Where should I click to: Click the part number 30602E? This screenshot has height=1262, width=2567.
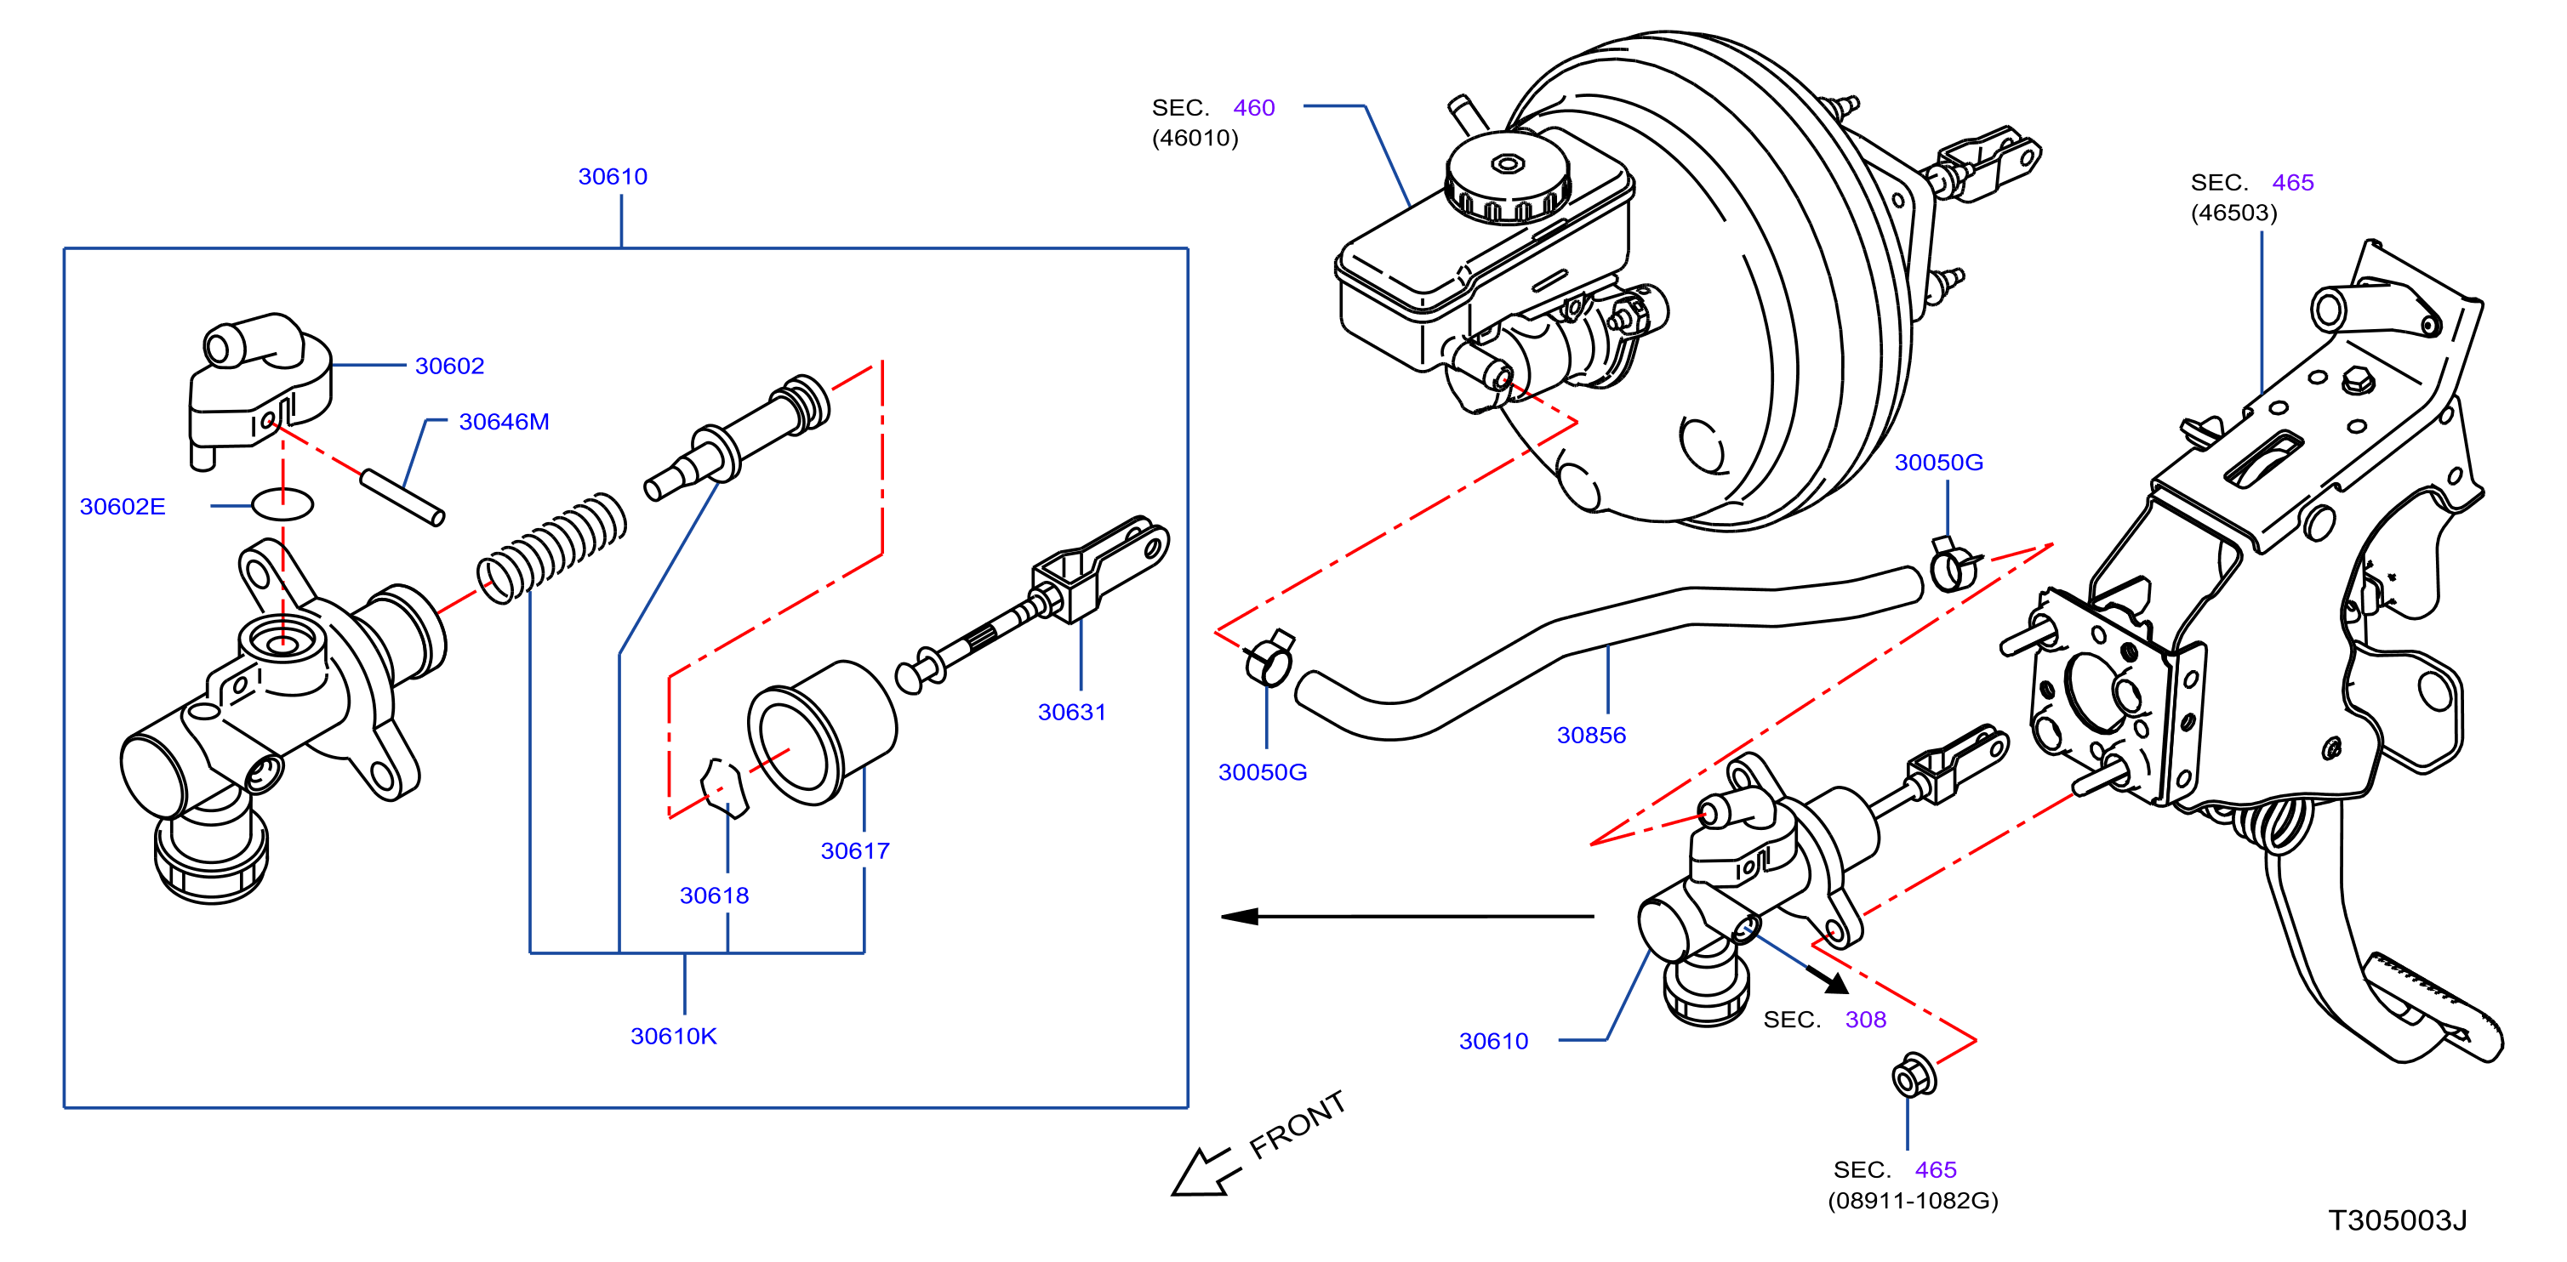click(123, 506)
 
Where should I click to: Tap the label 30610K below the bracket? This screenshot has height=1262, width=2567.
click(674, 1036)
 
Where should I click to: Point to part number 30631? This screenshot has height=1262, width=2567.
click(1071, 712)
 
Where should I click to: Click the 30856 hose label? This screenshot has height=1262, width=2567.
click(1591, 735)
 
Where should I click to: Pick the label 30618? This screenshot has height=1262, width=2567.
click(715, 895)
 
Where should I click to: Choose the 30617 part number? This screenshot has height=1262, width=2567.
click(855, 850)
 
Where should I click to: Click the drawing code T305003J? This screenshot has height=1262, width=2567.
click(2398, 1220)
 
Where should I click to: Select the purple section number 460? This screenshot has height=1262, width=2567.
click(1253, 107)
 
